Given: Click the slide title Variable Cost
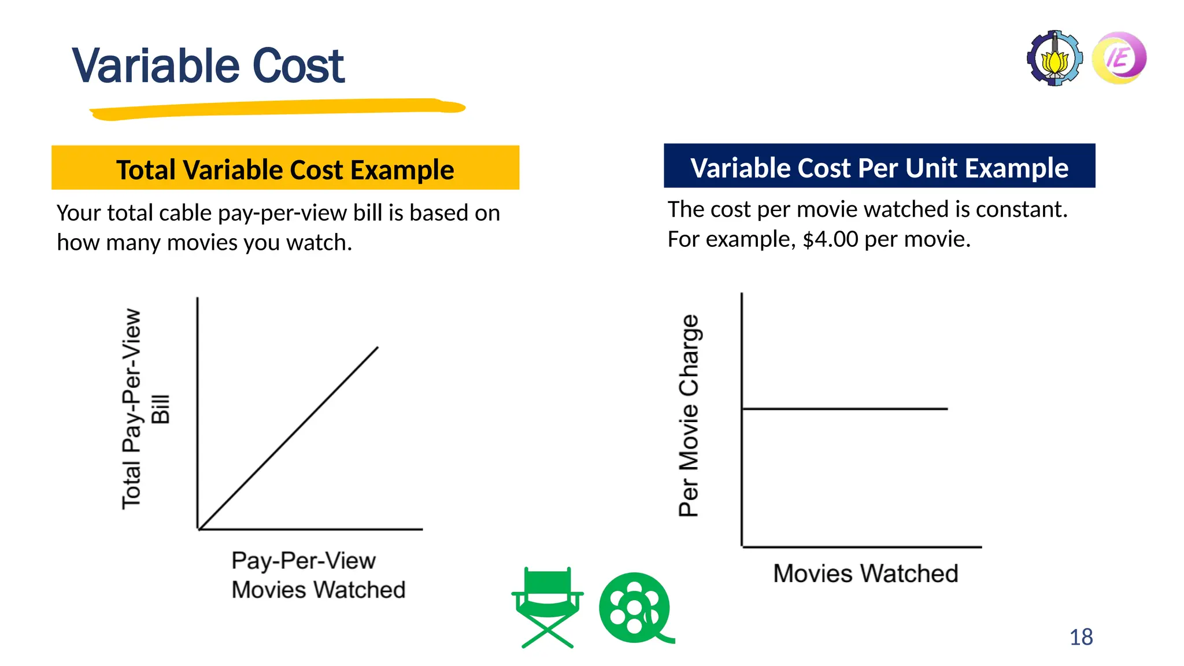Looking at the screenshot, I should [208, 66].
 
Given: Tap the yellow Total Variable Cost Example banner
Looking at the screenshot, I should [285, 168].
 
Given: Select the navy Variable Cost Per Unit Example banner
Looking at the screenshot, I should [879, 166].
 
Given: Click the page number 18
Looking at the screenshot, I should [1081, 637].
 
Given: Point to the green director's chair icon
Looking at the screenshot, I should [547, 607].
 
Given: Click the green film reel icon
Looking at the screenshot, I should [635, 608].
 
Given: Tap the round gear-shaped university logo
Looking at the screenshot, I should [1054, 58].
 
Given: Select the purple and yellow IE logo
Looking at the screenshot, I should [1119, 58].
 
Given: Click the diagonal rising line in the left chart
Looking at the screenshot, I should [289, 438].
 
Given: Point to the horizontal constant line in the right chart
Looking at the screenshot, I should [844, 409].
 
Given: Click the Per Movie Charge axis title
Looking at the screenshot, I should [689, 415].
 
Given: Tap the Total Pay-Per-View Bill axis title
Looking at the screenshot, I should [132, 409].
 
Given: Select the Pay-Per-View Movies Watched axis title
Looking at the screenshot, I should [318, 575].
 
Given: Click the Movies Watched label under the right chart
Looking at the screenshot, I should [865, 573].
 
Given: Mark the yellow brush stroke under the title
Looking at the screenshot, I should [277, 109].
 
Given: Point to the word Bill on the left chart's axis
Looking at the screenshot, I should [161, 409].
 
